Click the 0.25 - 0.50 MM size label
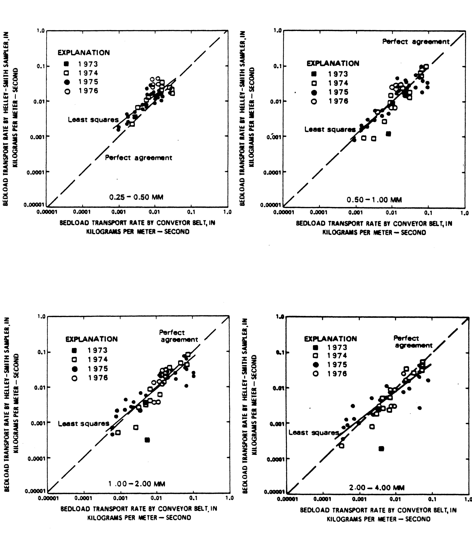[136, 197]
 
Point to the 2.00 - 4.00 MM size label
[377, 488]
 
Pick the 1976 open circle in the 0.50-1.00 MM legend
[314, 101]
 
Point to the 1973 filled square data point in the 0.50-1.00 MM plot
[388, 134]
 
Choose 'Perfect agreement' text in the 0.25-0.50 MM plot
[138, 158]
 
